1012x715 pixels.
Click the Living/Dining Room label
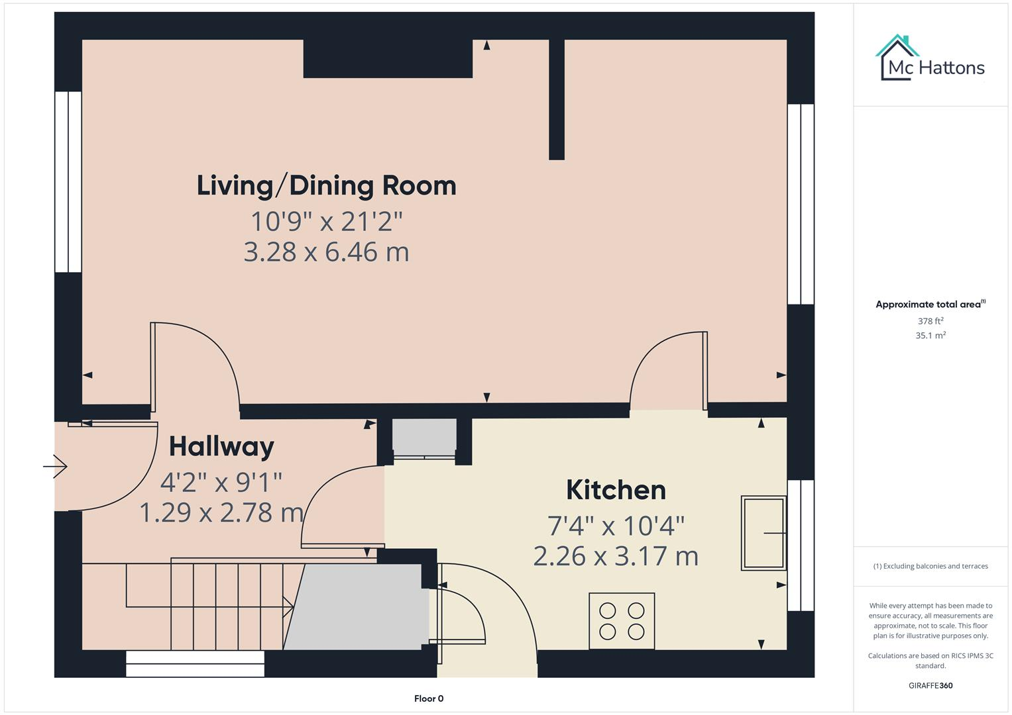point(326,186)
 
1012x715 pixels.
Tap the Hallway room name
point(221,447)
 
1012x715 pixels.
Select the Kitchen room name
point(616,491)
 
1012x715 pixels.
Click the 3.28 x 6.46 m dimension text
point(326,252)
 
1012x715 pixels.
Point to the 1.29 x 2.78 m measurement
point(221,512)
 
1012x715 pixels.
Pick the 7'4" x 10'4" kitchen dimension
point(616,526)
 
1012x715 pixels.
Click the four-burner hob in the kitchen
point(622,620)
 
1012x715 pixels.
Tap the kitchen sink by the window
point(763,533)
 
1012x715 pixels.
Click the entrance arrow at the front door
point(56,467)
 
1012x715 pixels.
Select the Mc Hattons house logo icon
point(897,58)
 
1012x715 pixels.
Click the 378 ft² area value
point(930,321)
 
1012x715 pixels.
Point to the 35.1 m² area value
point(930,336)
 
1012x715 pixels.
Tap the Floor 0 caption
point(429,698)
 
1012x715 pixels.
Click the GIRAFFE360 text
point(930,685)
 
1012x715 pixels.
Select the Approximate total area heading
point(930,305)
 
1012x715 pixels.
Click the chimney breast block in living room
point(388,59)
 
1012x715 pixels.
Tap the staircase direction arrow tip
point(292,606)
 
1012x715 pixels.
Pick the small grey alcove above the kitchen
point(424,435)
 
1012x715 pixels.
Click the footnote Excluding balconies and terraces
point(930,566)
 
